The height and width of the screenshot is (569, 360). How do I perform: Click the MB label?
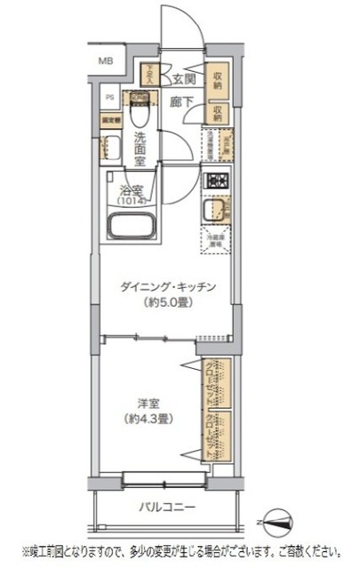tap(106, 62)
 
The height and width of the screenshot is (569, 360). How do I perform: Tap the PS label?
tap(111, 98)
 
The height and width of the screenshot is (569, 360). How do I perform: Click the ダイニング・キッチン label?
tap(169, 286)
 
